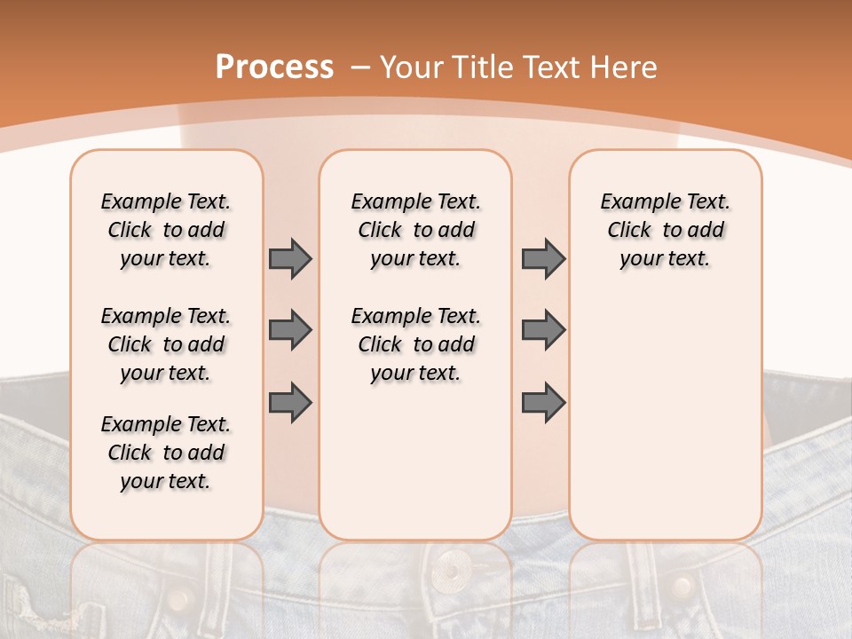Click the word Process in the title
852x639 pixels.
[x=274, y=67]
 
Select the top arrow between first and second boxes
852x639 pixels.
[x=290, y=259]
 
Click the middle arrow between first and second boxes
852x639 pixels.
[x=290, y=330]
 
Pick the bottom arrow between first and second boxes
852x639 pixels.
[x=290, y=402]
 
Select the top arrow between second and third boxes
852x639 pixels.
[x=543, y=259]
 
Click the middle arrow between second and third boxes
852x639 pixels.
[x=543, y=330]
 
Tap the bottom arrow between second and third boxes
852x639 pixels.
[x=543, y=402]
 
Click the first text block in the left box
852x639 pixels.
[x=166, y=230]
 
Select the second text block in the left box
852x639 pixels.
[x=166, y=344]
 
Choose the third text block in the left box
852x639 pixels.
[x=166, y=453]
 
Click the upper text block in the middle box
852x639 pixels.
[x=415, y=230]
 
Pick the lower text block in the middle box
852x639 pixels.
[x=415, y=344]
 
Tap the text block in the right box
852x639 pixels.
[x=665, y=230]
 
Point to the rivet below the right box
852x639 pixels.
[x=682, y=586]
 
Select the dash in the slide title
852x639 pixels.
[x=360, y=68]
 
